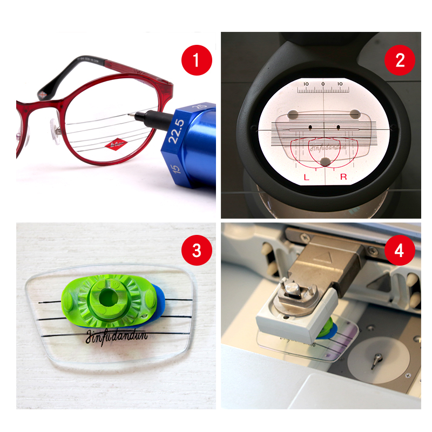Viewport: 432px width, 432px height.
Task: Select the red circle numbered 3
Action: tap(195, 250)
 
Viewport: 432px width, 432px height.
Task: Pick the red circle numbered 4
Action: tap(400, 250)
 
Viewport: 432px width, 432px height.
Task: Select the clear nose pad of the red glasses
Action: tap(55, 129)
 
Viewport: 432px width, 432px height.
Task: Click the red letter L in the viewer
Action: tap(306, 177)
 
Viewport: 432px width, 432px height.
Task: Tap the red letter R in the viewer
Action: tap(343, 177)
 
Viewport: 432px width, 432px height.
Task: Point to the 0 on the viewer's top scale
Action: tap(323, 84)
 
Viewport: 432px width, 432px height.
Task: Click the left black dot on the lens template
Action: tap(310, 127)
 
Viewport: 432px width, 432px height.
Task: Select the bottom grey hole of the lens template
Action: tap(325, 161)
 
